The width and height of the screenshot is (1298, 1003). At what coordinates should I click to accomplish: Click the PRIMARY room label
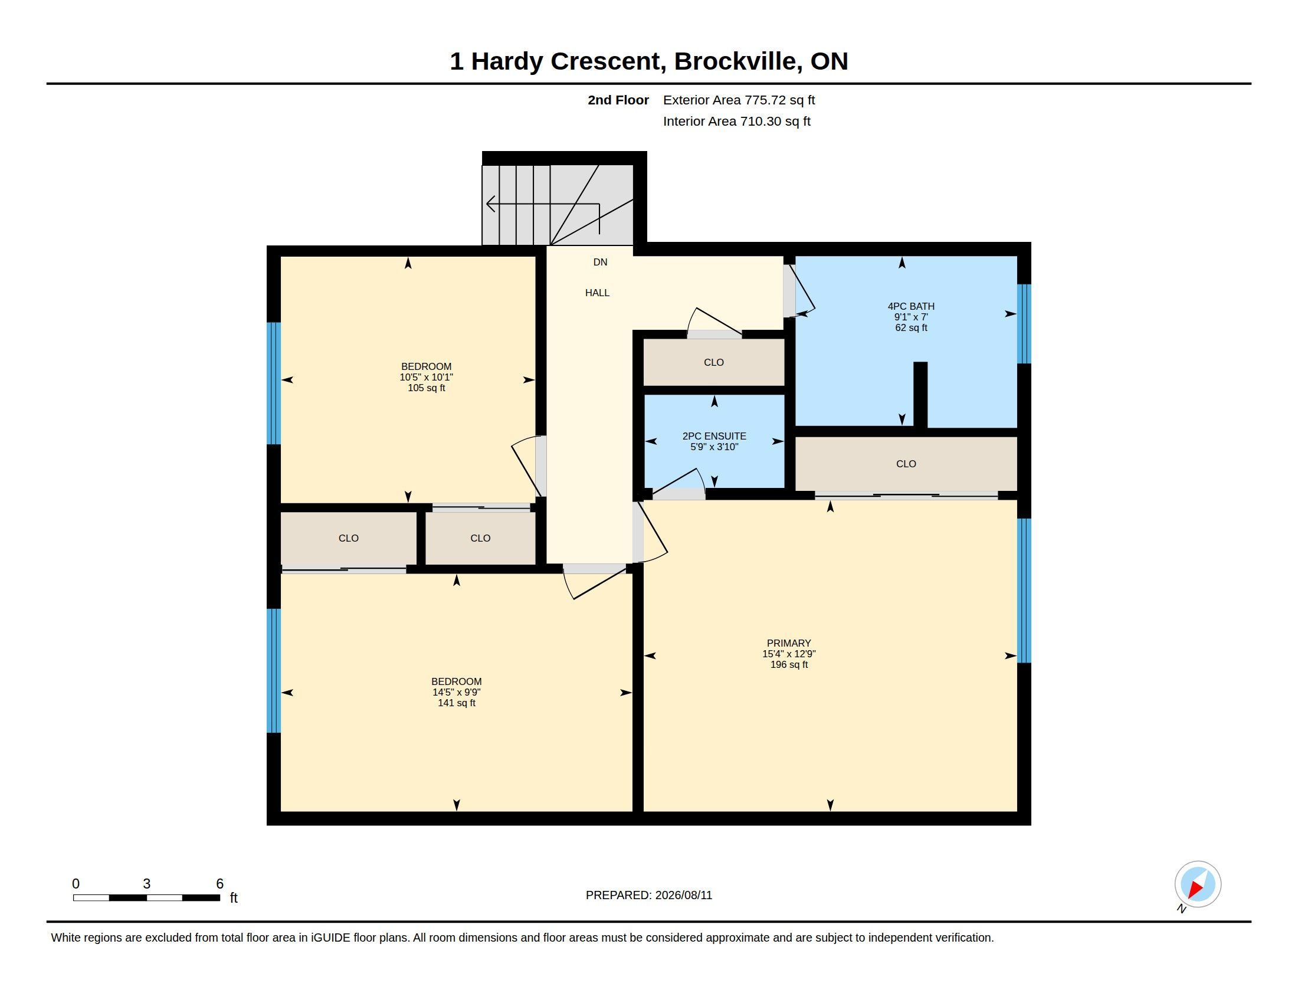(789, 643)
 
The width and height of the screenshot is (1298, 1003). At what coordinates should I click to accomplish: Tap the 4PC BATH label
(911, 306)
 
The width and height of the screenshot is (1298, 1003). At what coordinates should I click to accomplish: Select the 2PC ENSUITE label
(714, 435)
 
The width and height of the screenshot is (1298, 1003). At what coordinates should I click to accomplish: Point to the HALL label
(597, 292)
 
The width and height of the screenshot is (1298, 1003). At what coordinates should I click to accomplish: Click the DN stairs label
(600, 262)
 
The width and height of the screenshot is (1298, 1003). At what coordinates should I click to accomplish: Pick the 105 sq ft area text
(426, 388)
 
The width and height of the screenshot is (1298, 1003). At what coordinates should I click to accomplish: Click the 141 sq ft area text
(457, 703)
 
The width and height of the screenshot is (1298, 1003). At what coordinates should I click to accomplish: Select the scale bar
(146, 898)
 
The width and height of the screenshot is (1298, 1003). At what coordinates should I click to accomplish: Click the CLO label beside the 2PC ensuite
(714, 362)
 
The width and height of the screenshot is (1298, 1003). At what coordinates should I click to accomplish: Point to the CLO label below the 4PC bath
(906, 464)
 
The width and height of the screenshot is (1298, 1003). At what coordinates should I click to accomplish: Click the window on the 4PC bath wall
(1024, 324)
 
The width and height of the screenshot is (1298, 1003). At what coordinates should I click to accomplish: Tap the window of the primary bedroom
(1024, 591)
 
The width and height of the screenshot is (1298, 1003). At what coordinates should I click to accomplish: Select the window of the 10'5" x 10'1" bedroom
(273, 383)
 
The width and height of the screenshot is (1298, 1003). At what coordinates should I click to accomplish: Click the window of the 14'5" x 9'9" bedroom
(273, 670)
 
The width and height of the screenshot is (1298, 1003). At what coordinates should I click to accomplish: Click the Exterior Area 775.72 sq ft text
(739, 100)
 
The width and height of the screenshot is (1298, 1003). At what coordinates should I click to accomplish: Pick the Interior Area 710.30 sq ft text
(736, 121)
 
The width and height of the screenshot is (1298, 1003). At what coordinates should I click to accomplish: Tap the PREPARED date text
(648, 895)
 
